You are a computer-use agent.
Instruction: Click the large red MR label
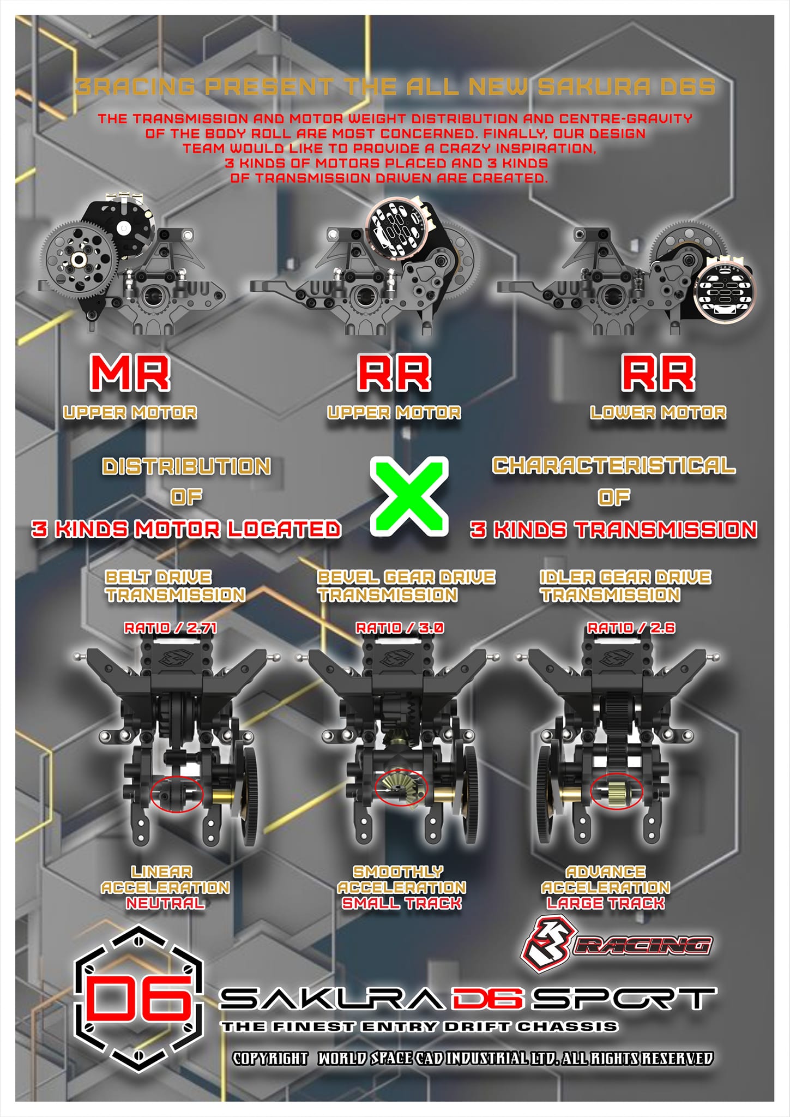pyautogui.click(x=130, y=373)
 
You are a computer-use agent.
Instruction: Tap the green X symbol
pyautogui.click(x=409, y=496)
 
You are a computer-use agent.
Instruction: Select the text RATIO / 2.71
pyautogui.click(x=171, y=628)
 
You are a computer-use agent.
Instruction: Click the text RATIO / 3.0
pyautogui.click(x=400, y=628)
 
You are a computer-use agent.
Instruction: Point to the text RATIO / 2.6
pyautogui.click(x=631, y=628)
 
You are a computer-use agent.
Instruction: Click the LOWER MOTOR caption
pyautogui.click(x=658, y=412)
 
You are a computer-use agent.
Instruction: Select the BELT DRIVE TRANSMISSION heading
pyautogui.click(x=175, y=586)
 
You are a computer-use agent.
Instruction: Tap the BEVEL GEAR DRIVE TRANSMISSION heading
pyautogui.click(x=406, y=586)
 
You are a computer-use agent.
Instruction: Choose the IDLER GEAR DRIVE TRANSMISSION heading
pyautogui.click(x=625, y=586)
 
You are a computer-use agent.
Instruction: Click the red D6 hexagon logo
pyautogui.click(x=138, y=999)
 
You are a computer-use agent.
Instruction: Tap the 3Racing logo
pyautogui.click(x=617, y=945)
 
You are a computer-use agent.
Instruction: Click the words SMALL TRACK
pyautogui.click(x=402, y=903)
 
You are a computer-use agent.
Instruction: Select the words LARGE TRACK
pyautogui.click(x=606, y=903)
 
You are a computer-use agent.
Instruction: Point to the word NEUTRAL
pyautogui.click(x=166, y=903)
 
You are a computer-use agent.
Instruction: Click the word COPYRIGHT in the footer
pyautogui.click(x=270, y=1059)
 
